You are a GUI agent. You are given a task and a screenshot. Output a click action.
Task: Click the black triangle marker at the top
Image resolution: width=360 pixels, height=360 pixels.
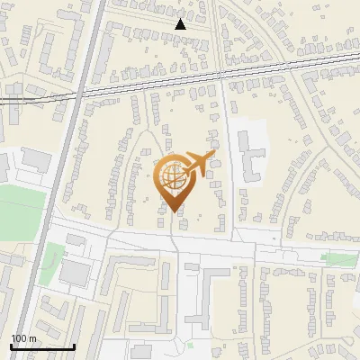point(181,24)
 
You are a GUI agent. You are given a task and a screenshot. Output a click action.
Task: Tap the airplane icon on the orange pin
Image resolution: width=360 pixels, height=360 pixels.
point(197,163)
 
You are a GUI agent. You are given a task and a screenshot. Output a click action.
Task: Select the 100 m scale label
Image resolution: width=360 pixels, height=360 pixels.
point(23,338)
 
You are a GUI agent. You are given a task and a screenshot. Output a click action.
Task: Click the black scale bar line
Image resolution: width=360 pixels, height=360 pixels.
point(42,346)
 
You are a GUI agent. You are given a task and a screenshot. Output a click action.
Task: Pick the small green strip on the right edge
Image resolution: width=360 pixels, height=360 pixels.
point(338,260)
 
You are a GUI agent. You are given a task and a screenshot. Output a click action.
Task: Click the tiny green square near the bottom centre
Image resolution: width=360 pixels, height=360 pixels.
point(191,345)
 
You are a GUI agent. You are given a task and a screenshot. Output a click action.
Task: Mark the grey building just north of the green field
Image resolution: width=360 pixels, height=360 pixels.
point(37,159)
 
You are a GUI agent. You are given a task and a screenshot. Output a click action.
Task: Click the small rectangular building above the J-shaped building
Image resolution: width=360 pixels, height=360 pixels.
point(193,266)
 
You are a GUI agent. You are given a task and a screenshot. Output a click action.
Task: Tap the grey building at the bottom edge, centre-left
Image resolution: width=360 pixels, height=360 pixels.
point(141,351)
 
